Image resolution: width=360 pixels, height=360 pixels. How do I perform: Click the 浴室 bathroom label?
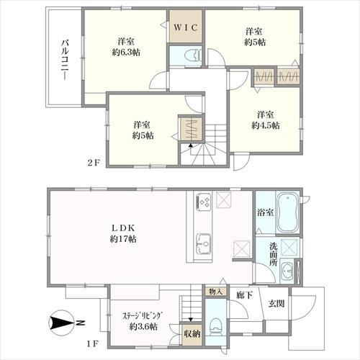[265, 212]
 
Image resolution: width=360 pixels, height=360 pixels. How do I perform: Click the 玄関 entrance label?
[277, 303]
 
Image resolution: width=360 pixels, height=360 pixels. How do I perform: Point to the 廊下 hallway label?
[243, 296]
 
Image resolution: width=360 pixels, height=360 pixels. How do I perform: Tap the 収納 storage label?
[192, 333]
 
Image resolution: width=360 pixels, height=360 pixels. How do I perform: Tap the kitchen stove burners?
[203, 203]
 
